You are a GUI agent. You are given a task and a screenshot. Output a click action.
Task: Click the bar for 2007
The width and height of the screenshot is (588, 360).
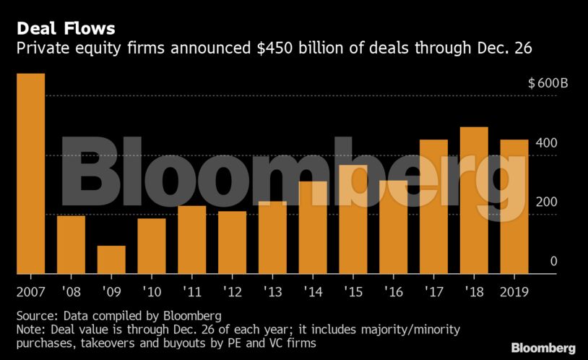[x=30, y=173]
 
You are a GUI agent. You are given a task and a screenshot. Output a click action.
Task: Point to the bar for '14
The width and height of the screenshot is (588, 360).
[x=313, y=227]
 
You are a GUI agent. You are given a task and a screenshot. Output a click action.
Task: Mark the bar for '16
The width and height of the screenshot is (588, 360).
[x=394, y=227]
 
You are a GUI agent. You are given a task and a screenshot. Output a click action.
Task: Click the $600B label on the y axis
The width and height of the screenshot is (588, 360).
[x=548, y=83]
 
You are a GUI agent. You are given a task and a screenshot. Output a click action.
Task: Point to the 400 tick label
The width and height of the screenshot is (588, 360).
[x=547, y=142]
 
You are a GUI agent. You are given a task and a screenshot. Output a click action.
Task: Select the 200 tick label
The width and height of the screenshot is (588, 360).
[x=547, y=202]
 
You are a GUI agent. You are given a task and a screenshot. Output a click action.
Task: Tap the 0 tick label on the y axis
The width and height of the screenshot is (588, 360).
[x=553, y=261]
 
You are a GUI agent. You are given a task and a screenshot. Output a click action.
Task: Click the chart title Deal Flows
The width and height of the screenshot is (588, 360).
[x=65, y=29]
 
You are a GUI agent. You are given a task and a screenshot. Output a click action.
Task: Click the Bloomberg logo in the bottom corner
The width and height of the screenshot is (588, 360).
[x=543, y=348]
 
